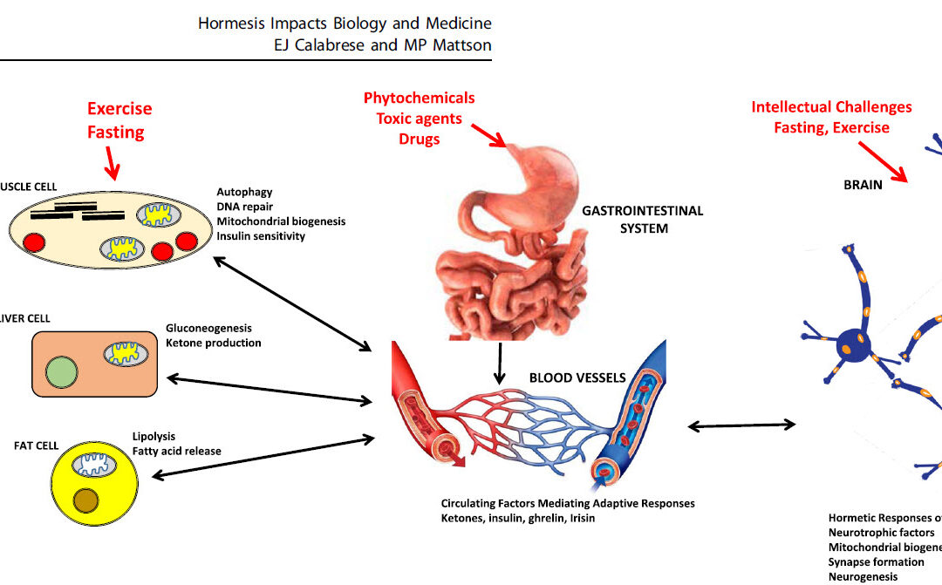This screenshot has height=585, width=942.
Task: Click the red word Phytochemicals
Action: (x=419, y=98)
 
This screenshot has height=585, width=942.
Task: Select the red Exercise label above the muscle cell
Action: (x=119, y=109)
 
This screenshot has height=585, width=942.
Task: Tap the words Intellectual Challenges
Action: (x=831, y=107)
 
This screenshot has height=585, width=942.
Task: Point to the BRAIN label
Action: (x=863, y=185)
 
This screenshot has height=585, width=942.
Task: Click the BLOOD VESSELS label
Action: (x=577, y=378)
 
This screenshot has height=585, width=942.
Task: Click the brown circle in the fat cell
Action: (x=86, y=500)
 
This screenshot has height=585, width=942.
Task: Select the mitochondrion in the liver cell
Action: (x=127, y=354)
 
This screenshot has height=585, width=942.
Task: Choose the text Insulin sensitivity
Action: (x=261, y=236)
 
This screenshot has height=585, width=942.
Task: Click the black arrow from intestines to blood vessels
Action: (x=498, y=363)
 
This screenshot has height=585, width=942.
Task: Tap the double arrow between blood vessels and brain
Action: (x=741, y=425)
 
